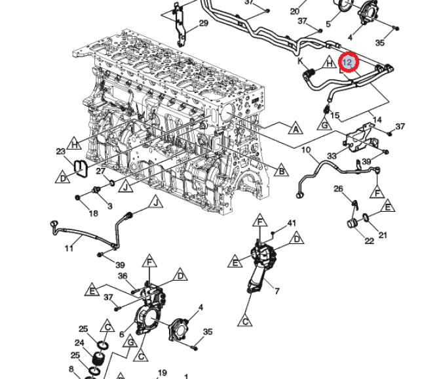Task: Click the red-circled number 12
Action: tap(348, 63)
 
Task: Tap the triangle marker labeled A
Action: tap(296, 129)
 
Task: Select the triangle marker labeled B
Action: tap(282, 170)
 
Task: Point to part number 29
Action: tap(203, 24)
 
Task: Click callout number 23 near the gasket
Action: tap(61, 151)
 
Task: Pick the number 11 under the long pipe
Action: tap(69, 248)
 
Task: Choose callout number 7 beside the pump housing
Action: tap(277, 290)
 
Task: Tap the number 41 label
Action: tap(292, 224)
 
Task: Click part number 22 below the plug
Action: tap(369, 241)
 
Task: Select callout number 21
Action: tap(383, 235)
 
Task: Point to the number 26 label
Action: tap(338, 190)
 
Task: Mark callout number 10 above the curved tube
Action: tap(306, 151)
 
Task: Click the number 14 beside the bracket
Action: tap(377, 121)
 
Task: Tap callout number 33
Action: tap(332, 156)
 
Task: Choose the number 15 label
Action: tap(335, 115)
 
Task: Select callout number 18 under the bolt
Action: tap(93, 213)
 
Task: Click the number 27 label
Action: tap(101, 172)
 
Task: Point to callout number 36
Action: tap(122, 277)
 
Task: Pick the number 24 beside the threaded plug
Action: tap(79, 342)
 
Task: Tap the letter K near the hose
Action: tap(300, 60)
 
